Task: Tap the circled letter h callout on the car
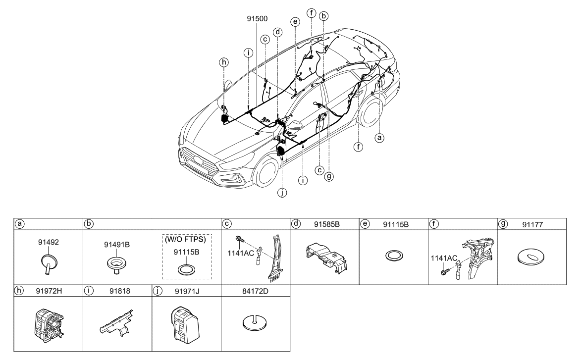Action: point(224,62)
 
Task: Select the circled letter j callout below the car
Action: point(282,194)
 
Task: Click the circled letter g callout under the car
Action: point(328,175)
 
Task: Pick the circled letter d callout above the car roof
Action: point(278,31)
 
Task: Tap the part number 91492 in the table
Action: point(48,243)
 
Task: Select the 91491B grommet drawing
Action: point(117,263)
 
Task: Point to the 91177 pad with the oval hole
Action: point(532,257)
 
